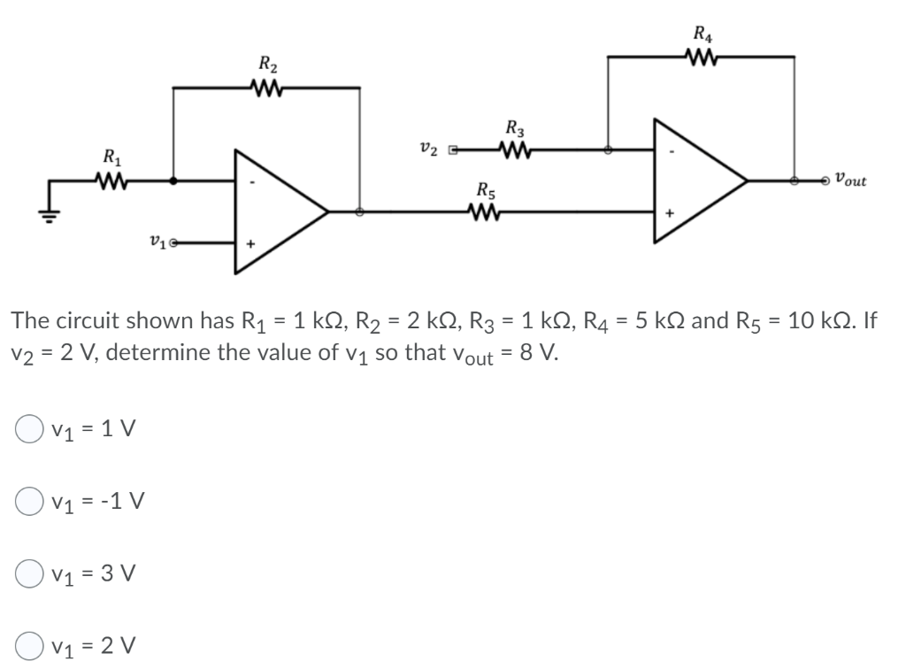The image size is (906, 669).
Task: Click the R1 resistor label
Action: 112,161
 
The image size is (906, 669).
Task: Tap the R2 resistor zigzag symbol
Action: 265,88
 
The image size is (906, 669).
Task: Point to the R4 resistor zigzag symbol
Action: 699,58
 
